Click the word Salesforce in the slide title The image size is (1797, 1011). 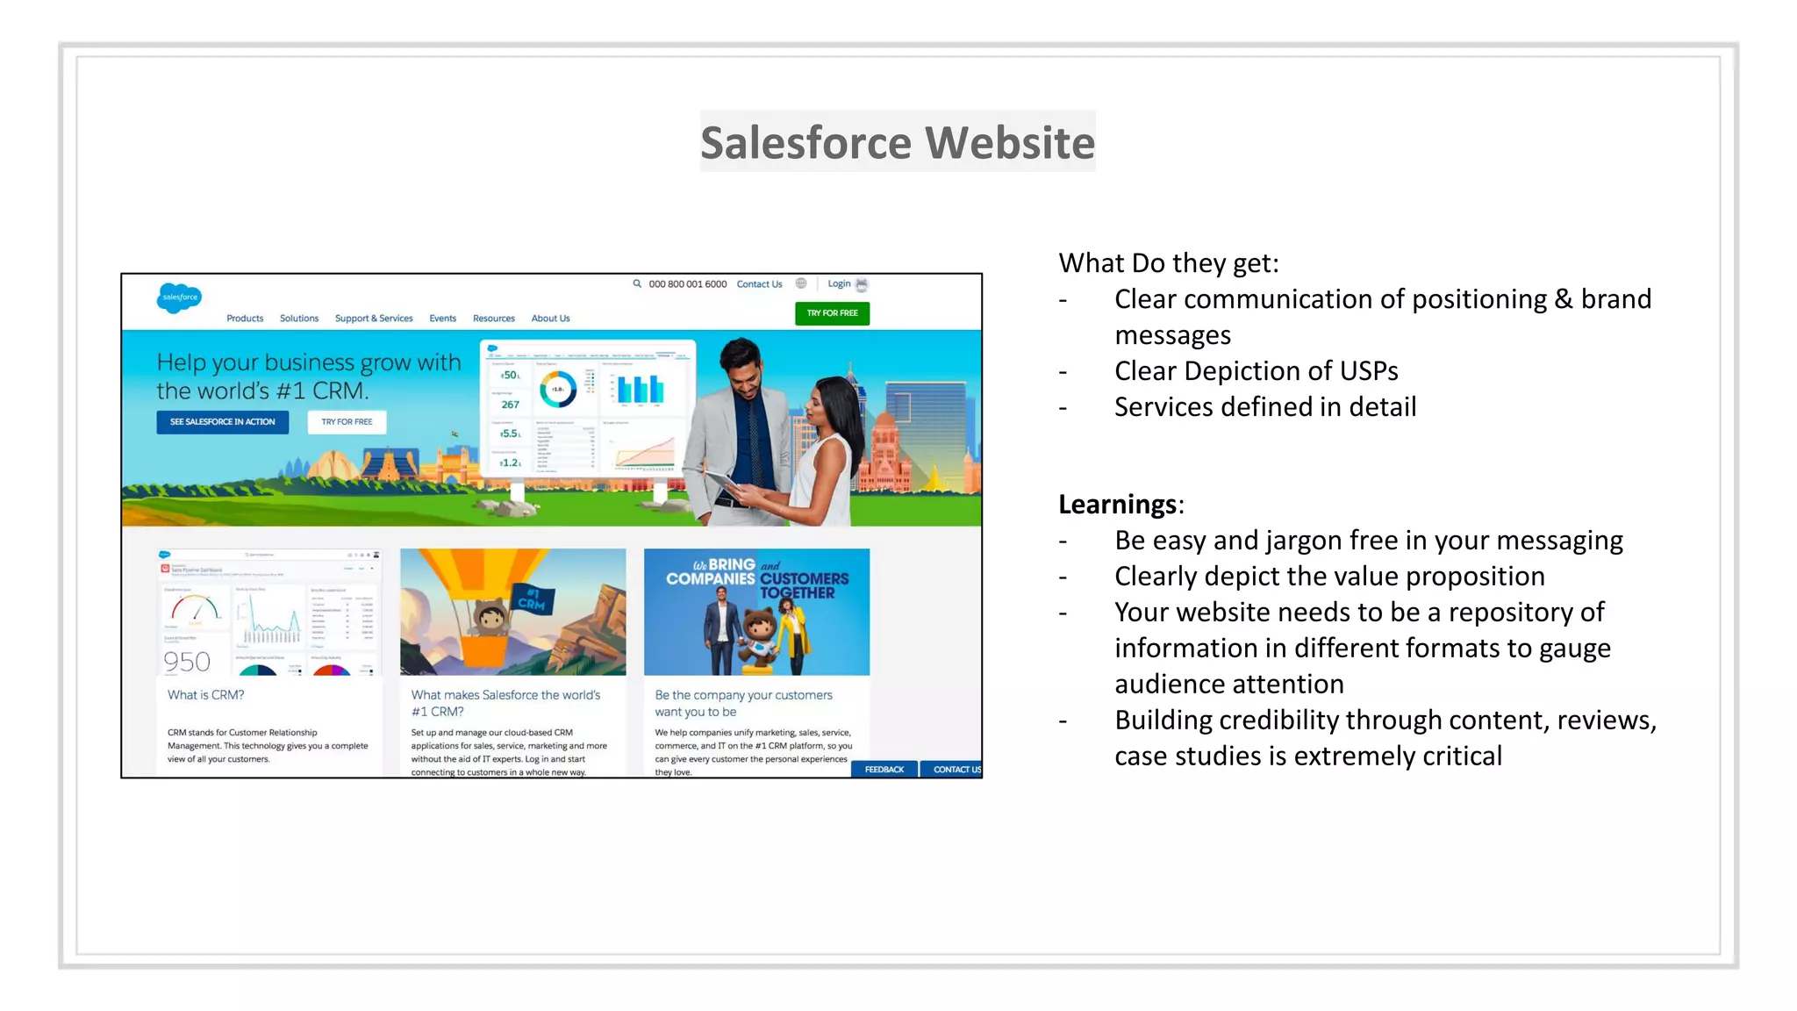(806, 142)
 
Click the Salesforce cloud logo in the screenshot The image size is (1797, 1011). (179, 298)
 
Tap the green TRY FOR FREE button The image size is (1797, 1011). (832, 313)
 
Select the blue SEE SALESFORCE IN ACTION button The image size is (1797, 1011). (222, 422)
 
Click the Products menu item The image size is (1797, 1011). (245, 319)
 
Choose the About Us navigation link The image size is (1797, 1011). (550, 319)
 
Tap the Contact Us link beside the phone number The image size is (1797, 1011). (759, 284)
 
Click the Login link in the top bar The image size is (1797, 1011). (839, 283)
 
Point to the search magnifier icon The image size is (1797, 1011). (637, 283)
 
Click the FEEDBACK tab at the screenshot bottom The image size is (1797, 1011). (884, 770)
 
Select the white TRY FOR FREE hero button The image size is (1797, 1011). (347, 422)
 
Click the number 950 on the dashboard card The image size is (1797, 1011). (187, 662)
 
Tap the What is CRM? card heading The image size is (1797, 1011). (206, 695)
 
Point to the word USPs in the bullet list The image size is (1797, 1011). (1368, 371)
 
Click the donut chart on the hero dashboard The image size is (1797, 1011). (557, 389)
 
